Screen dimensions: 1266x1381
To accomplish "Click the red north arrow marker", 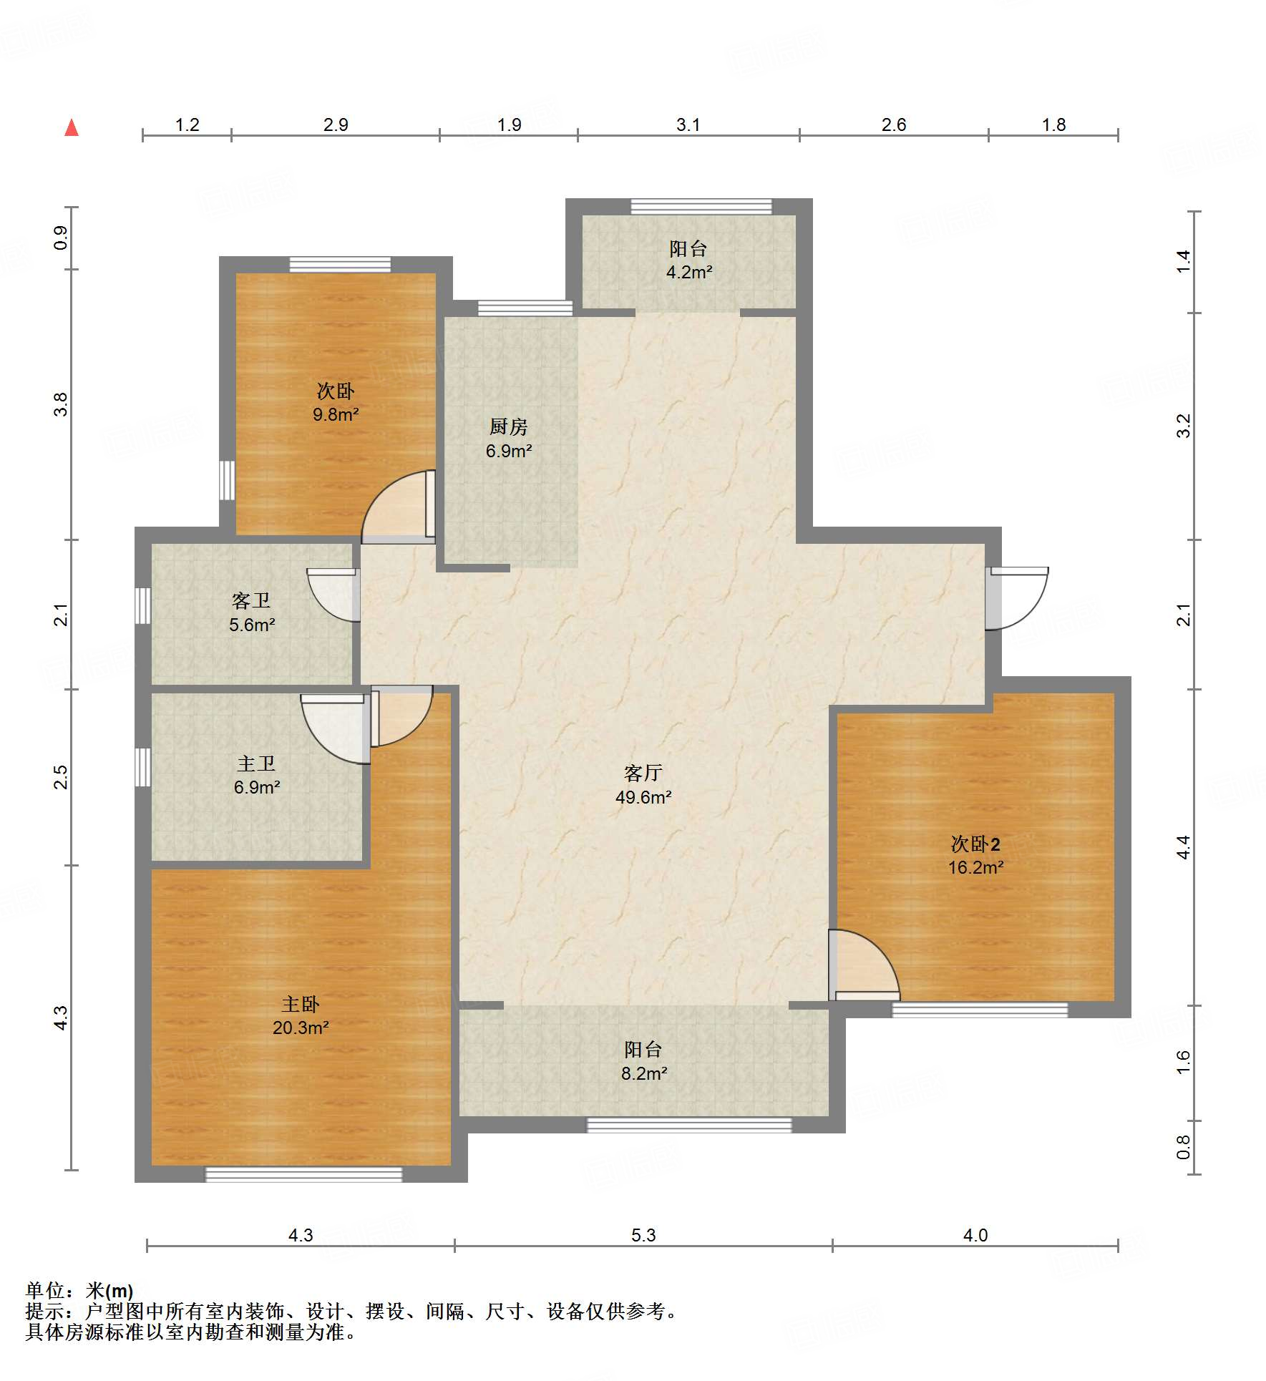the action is [72, 127].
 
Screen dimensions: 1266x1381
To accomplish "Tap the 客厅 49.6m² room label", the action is [643, 785].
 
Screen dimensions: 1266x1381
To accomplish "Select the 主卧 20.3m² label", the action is [301, 1016].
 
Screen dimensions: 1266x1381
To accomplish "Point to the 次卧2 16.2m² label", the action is [975, 856].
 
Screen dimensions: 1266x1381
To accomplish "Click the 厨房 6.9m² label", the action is [509, 439].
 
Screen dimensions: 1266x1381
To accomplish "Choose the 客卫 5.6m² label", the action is [252, 613].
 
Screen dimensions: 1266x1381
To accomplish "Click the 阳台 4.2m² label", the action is [689, 260].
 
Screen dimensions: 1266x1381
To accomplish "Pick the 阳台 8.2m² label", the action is [644, 1061].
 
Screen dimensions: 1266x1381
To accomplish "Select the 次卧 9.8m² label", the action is [336, 402].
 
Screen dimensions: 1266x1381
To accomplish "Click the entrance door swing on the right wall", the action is [1017, 598].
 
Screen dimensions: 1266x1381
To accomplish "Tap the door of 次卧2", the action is [864, 965].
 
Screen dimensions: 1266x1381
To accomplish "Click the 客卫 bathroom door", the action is [333, 595].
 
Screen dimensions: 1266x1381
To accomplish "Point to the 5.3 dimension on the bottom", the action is [643, 1235].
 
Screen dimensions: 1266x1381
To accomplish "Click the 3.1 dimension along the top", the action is [688, 125].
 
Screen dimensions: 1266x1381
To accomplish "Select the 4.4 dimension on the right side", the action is [1184, 847].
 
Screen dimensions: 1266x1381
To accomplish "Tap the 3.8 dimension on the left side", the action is [61, 404].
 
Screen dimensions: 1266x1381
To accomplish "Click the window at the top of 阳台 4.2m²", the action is [701, 207].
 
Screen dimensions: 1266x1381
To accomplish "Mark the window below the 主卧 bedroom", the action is [304, 1174].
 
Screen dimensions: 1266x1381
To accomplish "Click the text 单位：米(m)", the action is [79, 1291].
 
